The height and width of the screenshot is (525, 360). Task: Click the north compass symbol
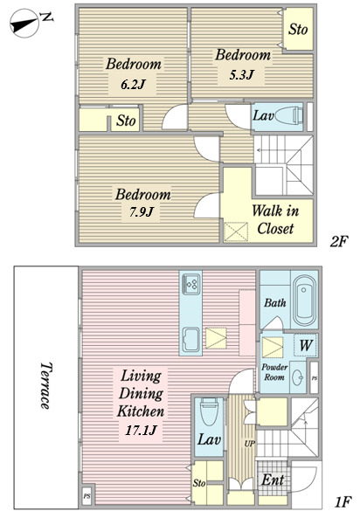pos(24,23)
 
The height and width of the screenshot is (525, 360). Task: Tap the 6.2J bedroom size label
pos(133,85)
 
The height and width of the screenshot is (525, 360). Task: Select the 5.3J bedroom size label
pos(241,74)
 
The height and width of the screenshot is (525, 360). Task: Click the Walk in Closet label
pos(275,219)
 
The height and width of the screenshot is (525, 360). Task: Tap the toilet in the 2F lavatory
pos(288,116)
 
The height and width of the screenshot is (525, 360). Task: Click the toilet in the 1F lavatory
pos(209,411)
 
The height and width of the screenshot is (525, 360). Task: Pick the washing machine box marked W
pos(306,345)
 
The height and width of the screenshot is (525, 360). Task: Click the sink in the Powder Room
pos(298,377)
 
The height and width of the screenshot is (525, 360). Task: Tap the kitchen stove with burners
pos(191,284)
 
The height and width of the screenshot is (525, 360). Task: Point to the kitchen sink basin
pos(190,340)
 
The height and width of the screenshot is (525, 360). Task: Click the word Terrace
pos(46,385)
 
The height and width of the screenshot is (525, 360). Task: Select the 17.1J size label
pos(141,430)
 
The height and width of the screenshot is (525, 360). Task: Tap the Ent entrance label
pos(273,480)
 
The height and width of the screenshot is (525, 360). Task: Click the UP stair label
pos(250,444)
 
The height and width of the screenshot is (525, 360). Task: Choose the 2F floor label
pos(339,241)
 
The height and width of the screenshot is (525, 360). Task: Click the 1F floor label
pos(343,502)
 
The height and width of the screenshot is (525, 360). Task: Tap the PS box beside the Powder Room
pos(314,377)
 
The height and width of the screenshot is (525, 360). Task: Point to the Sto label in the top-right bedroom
pos(298,29)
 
